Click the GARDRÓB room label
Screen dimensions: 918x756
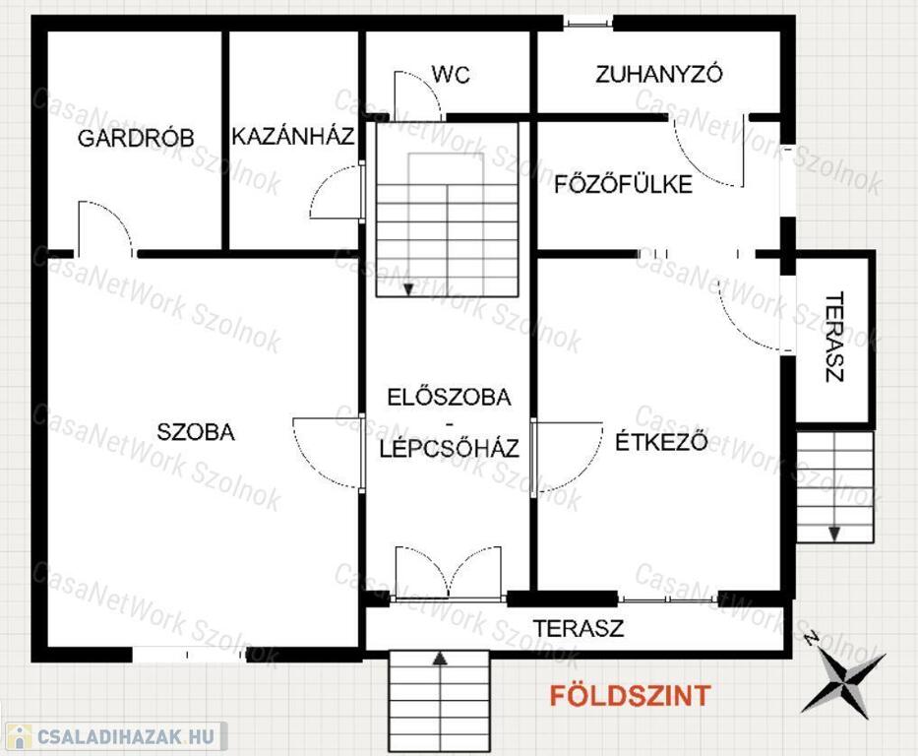(135, 138)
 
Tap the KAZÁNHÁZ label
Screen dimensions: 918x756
(293, 136)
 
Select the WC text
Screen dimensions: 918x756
(451, 75)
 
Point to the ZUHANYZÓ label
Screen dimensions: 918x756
(659, 74)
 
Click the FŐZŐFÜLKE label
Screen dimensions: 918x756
(624, 184)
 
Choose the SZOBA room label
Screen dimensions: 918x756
(196, 432)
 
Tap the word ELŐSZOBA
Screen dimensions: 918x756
(449, 397)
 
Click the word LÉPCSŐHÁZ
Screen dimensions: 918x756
(449, 449)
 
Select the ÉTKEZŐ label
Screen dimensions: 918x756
(661, 441)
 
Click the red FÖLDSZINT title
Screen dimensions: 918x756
(630, 695)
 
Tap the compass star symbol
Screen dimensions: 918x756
(843, 679)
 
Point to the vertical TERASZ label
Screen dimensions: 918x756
(834, 337)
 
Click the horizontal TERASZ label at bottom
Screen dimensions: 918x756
(578, 628)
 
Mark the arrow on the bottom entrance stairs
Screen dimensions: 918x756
(440, 659)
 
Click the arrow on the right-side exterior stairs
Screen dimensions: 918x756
(834, 533)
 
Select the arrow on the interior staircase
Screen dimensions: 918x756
(408, 288)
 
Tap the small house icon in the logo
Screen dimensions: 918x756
(19, 736)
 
